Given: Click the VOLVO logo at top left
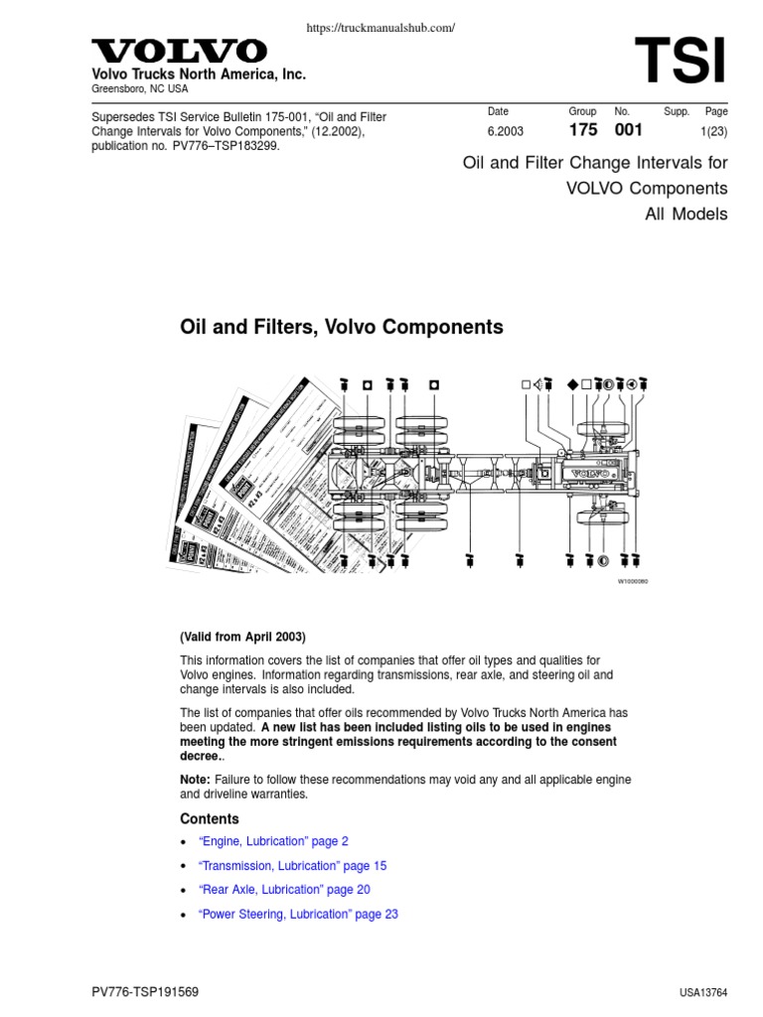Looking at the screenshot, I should tap(179, 51).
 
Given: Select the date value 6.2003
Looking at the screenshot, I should tap(506, 131).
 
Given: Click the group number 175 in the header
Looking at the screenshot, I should tap(583, 130).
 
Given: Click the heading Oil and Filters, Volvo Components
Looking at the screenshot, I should tap(341, 327).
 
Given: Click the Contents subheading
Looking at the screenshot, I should tap(209, 819).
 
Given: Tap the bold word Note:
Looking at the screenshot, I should tap(195, 780).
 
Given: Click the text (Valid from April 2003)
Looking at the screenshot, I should tap(242, 637).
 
